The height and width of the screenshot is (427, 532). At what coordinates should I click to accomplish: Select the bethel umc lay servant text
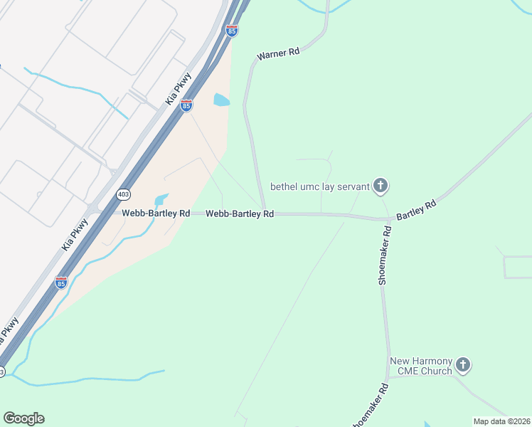click(x=319, y=187)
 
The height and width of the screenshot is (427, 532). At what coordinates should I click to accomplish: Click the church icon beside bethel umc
click(x=381, y=186)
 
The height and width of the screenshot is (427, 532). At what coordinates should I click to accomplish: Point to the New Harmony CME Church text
click(x=421, y=366)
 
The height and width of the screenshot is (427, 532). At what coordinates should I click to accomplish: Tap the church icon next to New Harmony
click(x=463, y=366)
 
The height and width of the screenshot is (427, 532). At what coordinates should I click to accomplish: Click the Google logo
click(x=23, y=418)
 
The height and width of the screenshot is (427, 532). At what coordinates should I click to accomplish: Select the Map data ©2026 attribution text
click(x=501, y=421)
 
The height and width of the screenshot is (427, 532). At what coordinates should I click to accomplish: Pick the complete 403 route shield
click(x=124, y=194)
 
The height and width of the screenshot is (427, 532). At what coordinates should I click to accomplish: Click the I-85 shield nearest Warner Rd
click(x=231, y=31)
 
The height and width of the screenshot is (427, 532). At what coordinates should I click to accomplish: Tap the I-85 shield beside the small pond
click(x=186, y=105)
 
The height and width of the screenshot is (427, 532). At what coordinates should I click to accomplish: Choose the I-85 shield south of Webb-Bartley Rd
click(x=61, y=283)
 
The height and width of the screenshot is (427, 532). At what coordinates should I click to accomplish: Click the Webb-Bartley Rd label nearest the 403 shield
click(x=156, y=213)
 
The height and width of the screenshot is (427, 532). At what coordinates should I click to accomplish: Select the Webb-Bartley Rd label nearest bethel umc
click(x=240, y=213)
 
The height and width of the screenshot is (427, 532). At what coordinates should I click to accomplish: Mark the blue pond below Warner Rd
click(x=222, y=100)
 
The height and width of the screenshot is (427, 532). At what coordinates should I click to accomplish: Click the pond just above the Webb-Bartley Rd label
click(x=161, y=199)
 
